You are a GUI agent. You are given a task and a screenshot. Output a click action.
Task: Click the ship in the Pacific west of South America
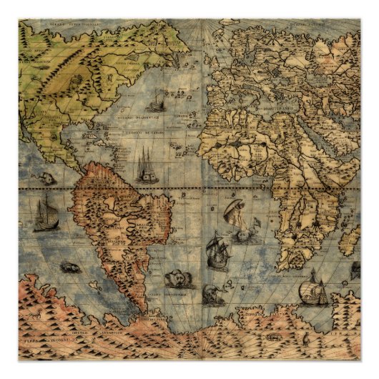tap(45, 215)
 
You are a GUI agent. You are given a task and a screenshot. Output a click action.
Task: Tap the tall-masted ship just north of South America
tap(146, 167)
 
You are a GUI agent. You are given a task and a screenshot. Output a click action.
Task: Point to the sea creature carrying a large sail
tap(237, 214)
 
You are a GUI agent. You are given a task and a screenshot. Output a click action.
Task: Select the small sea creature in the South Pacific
tap(69, 267)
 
